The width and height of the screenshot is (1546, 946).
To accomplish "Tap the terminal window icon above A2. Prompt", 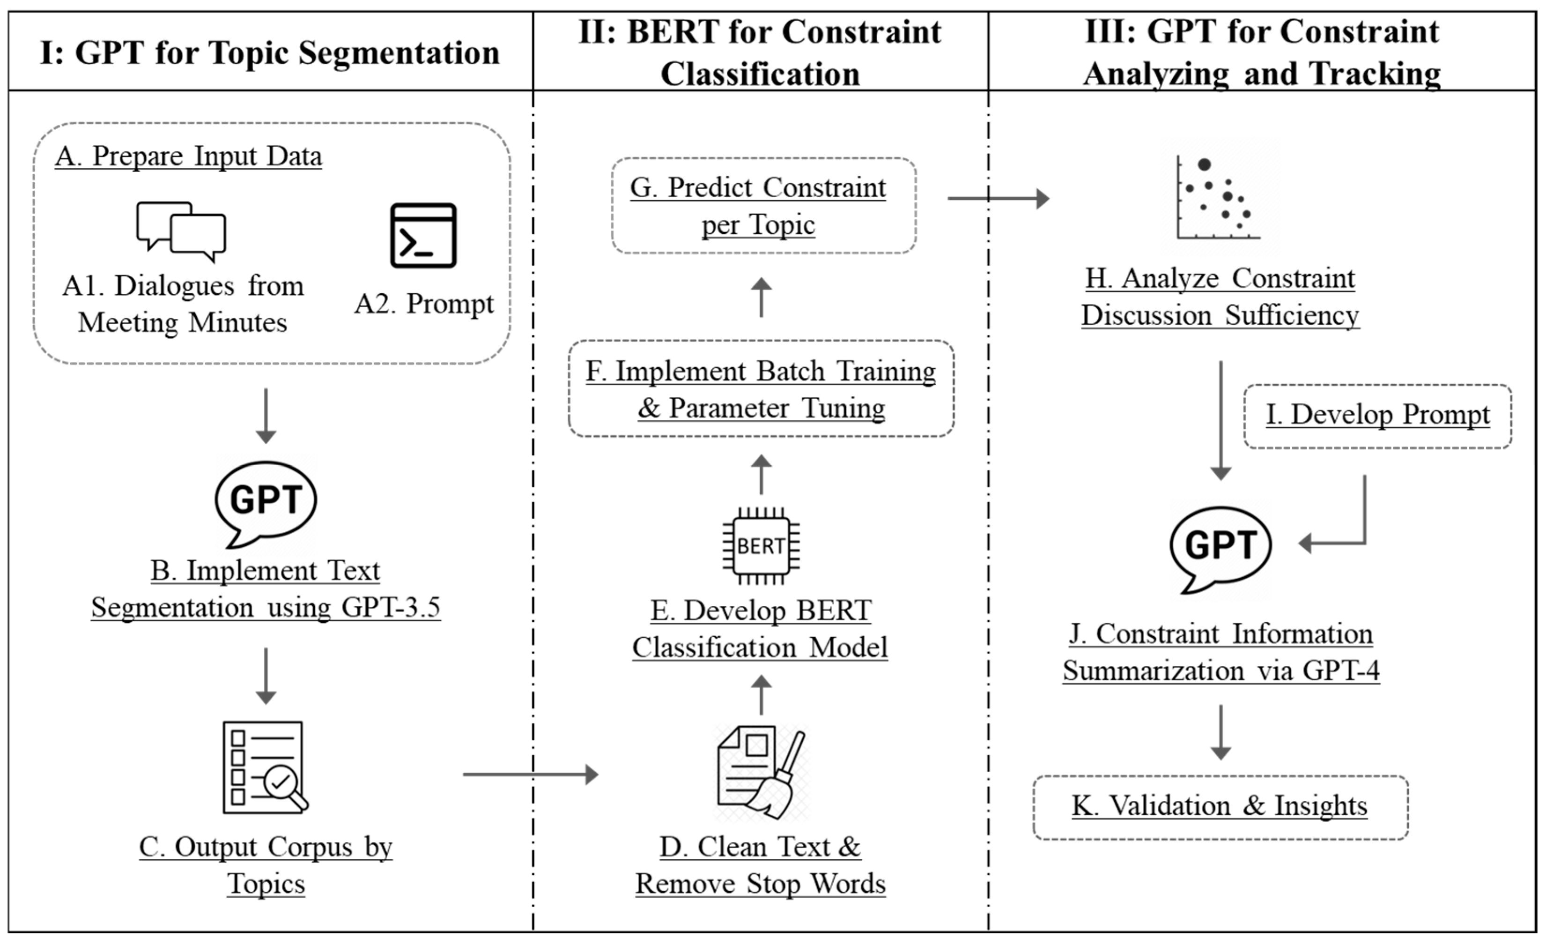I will pos(423,235).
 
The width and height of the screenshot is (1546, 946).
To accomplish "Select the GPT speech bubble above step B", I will pos(266,502).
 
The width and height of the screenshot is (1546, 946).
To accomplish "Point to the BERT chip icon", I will pos(761,545).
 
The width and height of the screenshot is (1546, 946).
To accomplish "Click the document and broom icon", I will pos(761,772).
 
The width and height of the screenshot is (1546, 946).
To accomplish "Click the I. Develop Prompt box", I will pos(1377,416).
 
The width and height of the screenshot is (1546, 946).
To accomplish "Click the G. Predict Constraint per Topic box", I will pos(763,206).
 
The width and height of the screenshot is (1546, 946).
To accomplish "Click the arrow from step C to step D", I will pos(530,774).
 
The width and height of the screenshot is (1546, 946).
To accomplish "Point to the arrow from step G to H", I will pos(998,198).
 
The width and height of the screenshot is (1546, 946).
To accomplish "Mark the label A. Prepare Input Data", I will pos(188,156).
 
